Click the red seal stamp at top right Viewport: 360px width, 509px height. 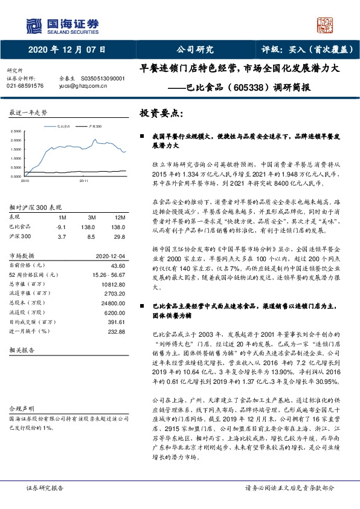tap(326, 25)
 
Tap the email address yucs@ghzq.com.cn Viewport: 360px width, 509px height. tap(83, 86)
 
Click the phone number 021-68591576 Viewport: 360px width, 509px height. tap(25, 86)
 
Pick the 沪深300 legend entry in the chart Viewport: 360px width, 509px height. tap(95, 126)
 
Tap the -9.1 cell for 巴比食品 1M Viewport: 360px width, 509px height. tap(60, 226)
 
